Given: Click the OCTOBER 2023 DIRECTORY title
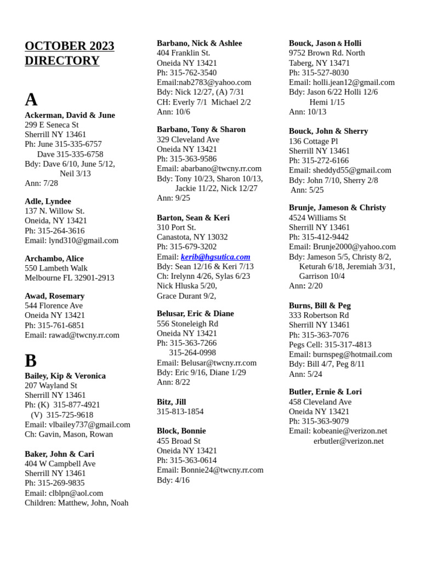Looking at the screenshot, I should pos(70,53).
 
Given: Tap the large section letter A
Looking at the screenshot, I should pos(31,99).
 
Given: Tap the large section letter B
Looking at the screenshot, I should pos(31,360).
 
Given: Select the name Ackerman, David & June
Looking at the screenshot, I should pos(70,115).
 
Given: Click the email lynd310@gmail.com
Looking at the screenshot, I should pos(83,241).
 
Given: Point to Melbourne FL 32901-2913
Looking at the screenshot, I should pos(70,278).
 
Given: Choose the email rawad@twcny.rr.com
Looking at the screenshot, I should pos(84,335).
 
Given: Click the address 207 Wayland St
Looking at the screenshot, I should pos(51,386).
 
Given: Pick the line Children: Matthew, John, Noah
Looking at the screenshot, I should pos(77,503).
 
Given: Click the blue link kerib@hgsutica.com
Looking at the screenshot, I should pos(215,257).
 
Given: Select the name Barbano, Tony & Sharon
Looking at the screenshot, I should pos(201,130).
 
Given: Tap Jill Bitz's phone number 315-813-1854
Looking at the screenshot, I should pos(180,411).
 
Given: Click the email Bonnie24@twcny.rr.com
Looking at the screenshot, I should pos(222,470).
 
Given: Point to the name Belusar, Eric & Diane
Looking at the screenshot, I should pos(195,314).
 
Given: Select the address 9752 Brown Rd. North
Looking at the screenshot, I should pos(327,53).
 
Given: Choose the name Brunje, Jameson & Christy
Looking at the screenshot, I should pos(337,208).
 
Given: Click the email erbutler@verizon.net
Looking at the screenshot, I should pos(349,441).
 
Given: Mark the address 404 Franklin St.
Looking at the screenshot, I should pos(184,53).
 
